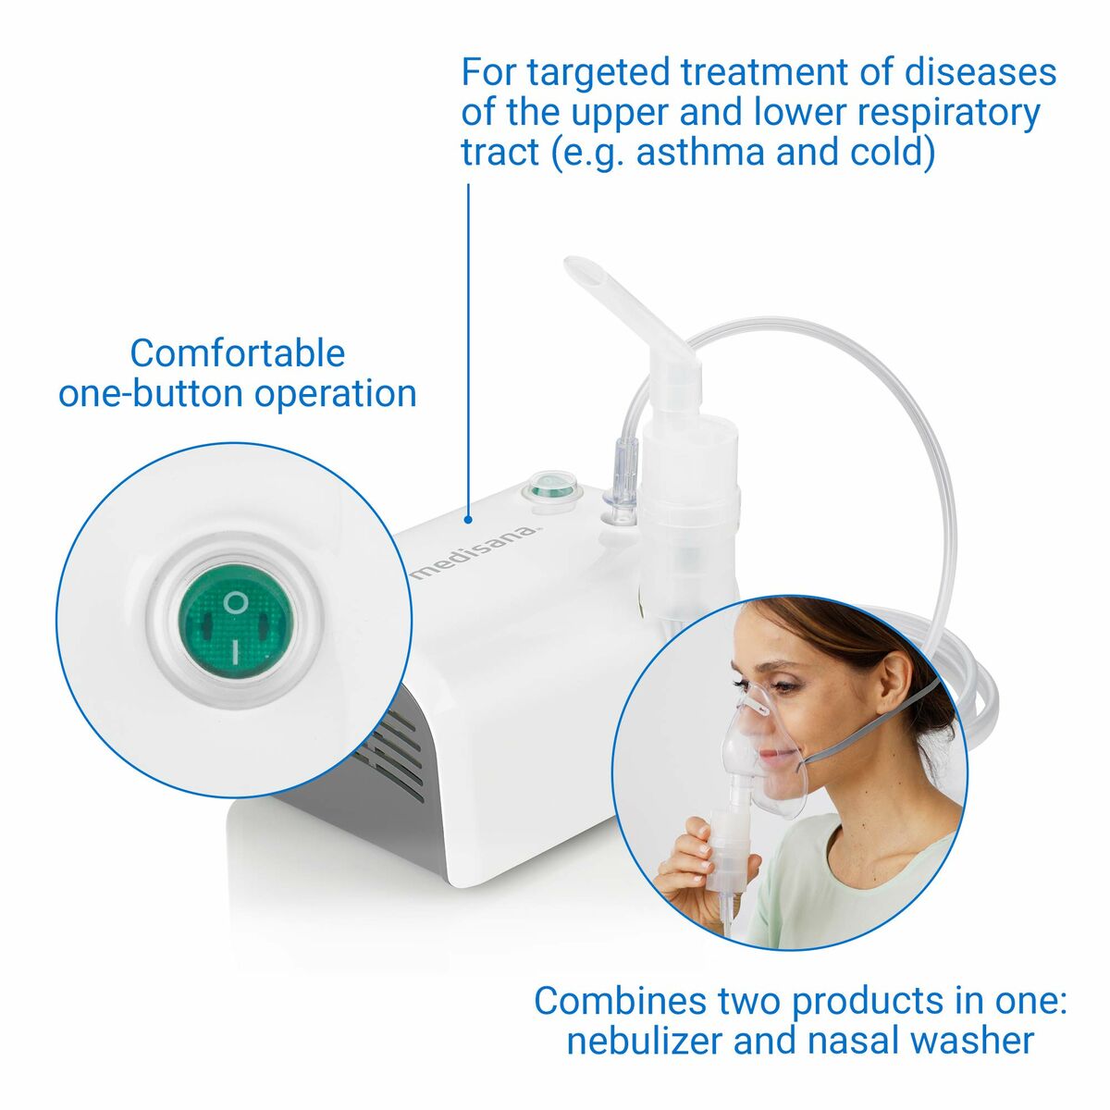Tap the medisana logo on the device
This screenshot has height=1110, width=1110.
point(477,552)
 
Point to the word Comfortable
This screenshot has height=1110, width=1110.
point(238,353)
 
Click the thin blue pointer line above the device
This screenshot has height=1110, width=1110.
point(468,351)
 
